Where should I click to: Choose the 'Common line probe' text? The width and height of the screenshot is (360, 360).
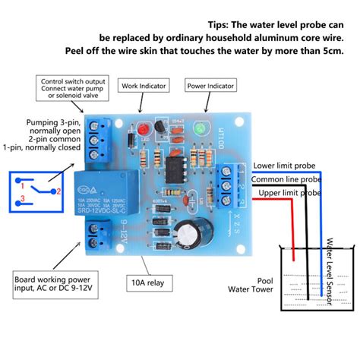[x=286, y=179]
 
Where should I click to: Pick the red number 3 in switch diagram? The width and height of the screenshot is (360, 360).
[x=24, y=199]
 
